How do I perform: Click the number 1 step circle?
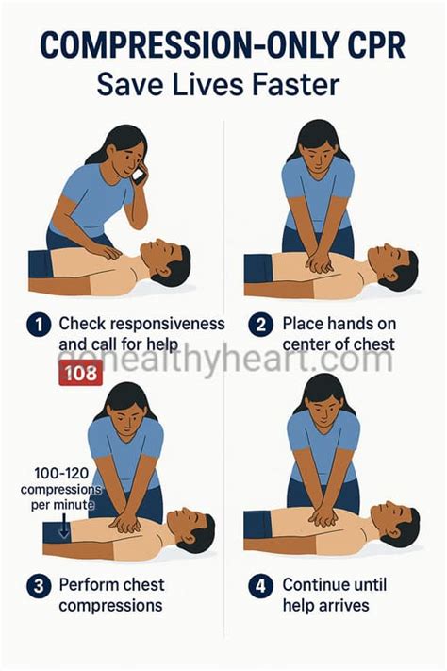click(37, 326)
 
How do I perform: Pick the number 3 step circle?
click(37, 585)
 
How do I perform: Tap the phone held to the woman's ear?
click(139, 174)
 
